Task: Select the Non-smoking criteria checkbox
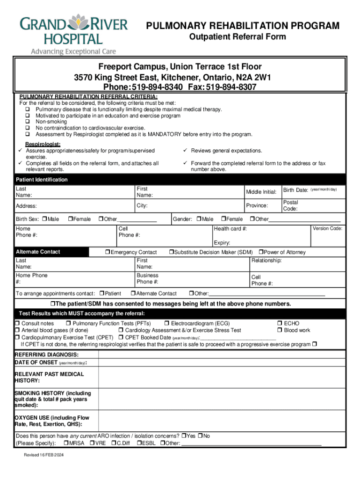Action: [27, 122]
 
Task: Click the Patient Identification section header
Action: [42, 180]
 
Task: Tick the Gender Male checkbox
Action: [199, 219]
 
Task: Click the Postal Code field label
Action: [290, 205]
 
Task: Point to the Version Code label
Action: [327, 228]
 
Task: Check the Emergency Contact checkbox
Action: [108, 252]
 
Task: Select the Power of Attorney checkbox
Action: [261, 252]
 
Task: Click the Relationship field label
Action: [266, 260]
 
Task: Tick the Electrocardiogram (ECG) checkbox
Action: [166, 323]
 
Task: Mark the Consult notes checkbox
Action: [17, 323]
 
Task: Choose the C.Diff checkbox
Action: [114, 443]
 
